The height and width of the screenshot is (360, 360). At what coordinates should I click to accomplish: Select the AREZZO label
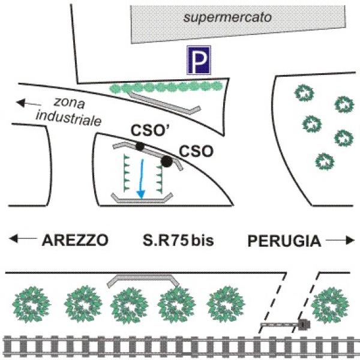(75, 241)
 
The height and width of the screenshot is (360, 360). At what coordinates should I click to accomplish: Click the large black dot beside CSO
(167, 161)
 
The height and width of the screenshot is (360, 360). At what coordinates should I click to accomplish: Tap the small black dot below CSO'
(140, 146)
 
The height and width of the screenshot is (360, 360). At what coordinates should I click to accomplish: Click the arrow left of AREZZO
(22, 241)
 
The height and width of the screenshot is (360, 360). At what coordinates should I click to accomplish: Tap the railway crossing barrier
(285, 325)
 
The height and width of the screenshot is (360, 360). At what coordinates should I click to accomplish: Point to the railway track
(180, 346)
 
